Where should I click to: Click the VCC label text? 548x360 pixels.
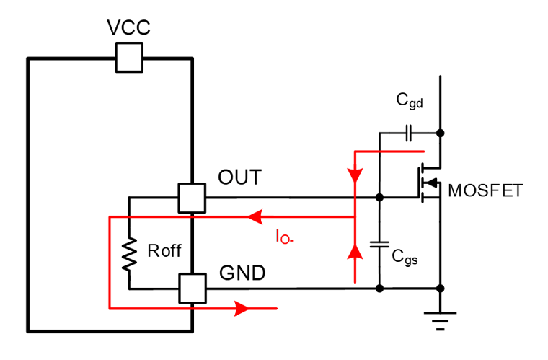(x=128, y=27)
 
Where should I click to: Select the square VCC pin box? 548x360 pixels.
(x=129, y=57)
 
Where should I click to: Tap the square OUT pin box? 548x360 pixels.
(x=192, y=198)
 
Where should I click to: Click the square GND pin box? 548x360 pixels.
(x=193, y=289)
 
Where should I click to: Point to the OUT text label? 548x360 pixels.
(x=239, y=177)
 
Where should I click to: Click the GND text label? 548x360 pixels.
(x=242, y=273)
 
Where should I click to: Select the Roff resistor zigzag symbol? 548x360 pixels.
(x=129, y=254)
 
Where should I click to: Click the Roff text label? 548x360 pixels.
(x=164, y=250)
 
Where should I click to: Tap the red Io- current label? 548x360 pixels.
(x=285, y=237)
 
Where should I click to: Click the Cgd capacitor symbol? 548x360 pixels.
(x=409, y=133)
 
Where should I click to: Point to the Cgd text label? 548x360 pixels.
(x=410, y=101)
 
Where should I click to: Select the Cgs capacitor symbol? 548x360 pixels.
(x=379, y=245)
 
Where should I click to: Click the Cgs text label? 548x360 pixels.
(x=405, y=258)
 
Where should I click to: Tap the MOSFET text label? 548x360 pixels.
(x=485, y=191)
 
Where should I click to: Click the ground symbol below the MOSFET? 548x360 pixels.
(x=441, y=321)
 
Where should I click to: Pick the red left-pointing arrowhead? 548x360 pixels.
(x=255, y=217)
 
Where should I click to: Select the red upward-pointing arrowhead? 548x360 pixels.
(x=355, y=252)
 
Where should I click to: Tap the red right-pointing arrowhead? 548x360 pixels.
(x=242, y=309)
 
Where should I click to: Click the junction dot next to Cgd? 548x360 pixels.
(x=441, y=133)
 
